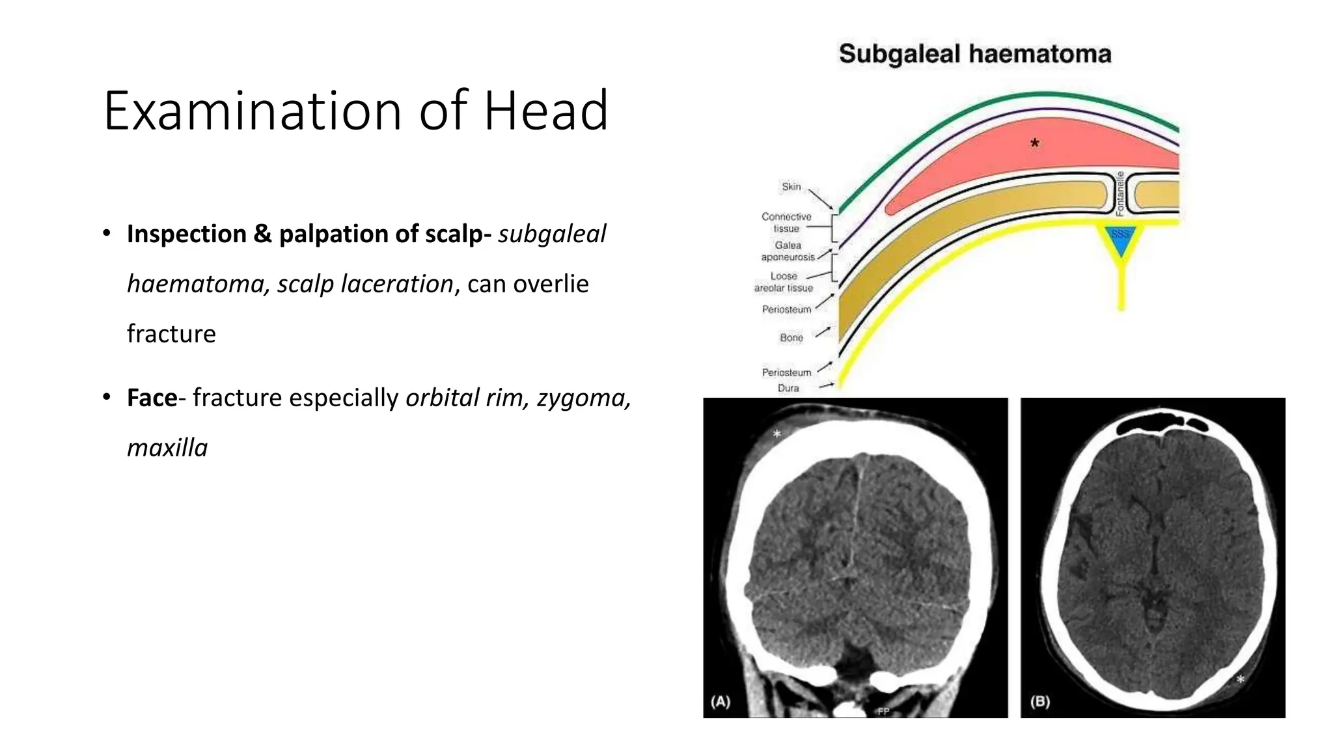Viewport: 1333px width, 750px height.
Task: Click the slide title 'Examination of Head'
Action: [x=355, y=111]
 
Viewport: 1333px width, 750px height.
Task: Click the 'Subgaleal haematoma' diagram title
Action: [x=974, y=54]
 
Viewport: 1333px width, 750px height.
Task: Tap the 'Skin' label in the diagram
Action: [x=791, y=187]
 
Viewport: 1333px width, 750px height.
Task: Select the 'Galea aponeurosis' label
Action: [x=788, y=251]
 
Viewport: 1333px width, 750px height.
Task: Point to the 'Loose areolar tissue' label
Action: [x=784, y=282]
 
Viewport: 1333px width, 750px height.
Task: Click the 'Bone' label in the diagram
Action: [x=791, y=337]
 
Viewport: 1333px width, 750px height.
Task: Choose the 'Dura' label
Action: [x=788, y=388]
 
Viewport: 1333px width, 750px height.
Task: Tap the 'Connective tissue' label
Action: [x=786, y=223]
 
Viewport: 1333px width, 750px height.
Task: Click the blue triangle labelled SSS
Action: [x=1120, y=238]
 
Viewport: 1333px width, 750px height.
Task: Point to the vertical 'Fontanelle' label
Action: [x=1120, y=193]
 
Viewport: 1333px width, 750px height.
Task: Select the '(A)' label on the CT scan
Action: [x=721, y=701]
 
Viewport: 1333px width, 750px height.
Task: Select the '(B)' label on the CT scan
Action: [x=1039, y=701]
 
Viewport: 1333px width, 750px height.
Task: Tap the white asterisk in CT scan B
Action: [x=1241, y=680]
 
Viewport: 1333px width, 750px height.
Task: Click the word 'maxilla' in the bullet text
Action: [x=167, y=448]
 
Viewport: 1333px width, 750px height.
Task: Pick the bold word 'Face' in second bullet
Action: [x=152, y=398]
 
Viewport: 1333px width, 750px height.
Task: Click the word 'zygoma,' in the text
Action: [x=583, y=398]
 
